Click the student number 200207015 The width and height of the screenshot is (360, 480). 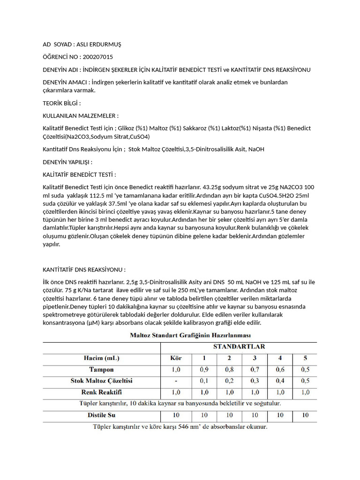97,57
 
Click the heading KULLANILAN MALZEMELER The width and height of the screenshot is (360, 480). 80,115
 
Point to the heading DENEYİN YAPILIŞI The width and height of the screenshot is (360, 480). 67,162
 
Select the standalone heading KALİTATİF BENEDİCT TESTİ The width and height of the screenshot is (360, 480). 79,175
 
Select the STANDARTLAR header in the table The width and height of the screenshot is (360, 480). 239,347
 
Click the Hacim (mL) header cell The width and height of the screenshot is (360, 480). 101,358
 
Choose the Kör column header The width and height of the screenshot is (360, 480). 176,358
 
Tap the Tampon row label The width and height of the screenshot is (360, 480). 101,369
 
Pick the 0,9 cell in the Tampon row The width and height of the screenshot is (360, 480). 204,369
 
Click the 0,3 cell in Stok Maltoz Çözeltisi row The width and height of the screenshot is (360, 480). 255,380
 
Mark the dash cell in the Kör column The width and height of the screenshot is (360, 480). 176,380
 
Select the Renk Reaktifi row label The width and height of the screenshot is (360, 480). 101,391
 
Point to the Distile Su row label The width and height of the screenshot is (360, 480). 101,415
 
